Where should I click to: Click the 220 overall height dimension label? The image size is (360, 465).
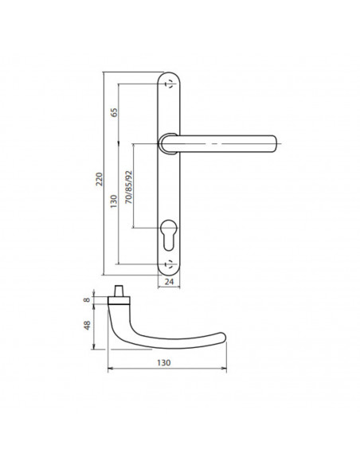tap(99, 179)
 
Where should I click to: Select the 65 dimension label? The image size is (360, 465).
tap(114, 113)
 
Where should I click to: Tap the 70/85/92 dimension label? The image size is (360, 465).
tap(129, 187)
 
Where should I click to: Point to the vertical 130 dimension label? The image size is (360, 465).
tap(114, 201)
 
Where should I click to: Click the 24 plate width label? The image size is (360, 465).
tap(169, 281)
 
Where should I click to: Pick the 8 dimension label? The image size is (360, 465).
tap(87, 299)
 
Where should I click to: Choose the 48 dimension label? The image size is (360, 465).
tap(87, 326)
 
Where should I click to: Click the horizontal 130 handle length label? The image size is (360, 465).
tap(164, 362)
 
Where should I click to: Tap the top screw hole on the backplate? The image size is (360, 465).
tap(170, 84)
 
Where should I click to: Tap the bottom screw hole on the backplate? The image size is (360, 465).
tap(170, 264)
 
